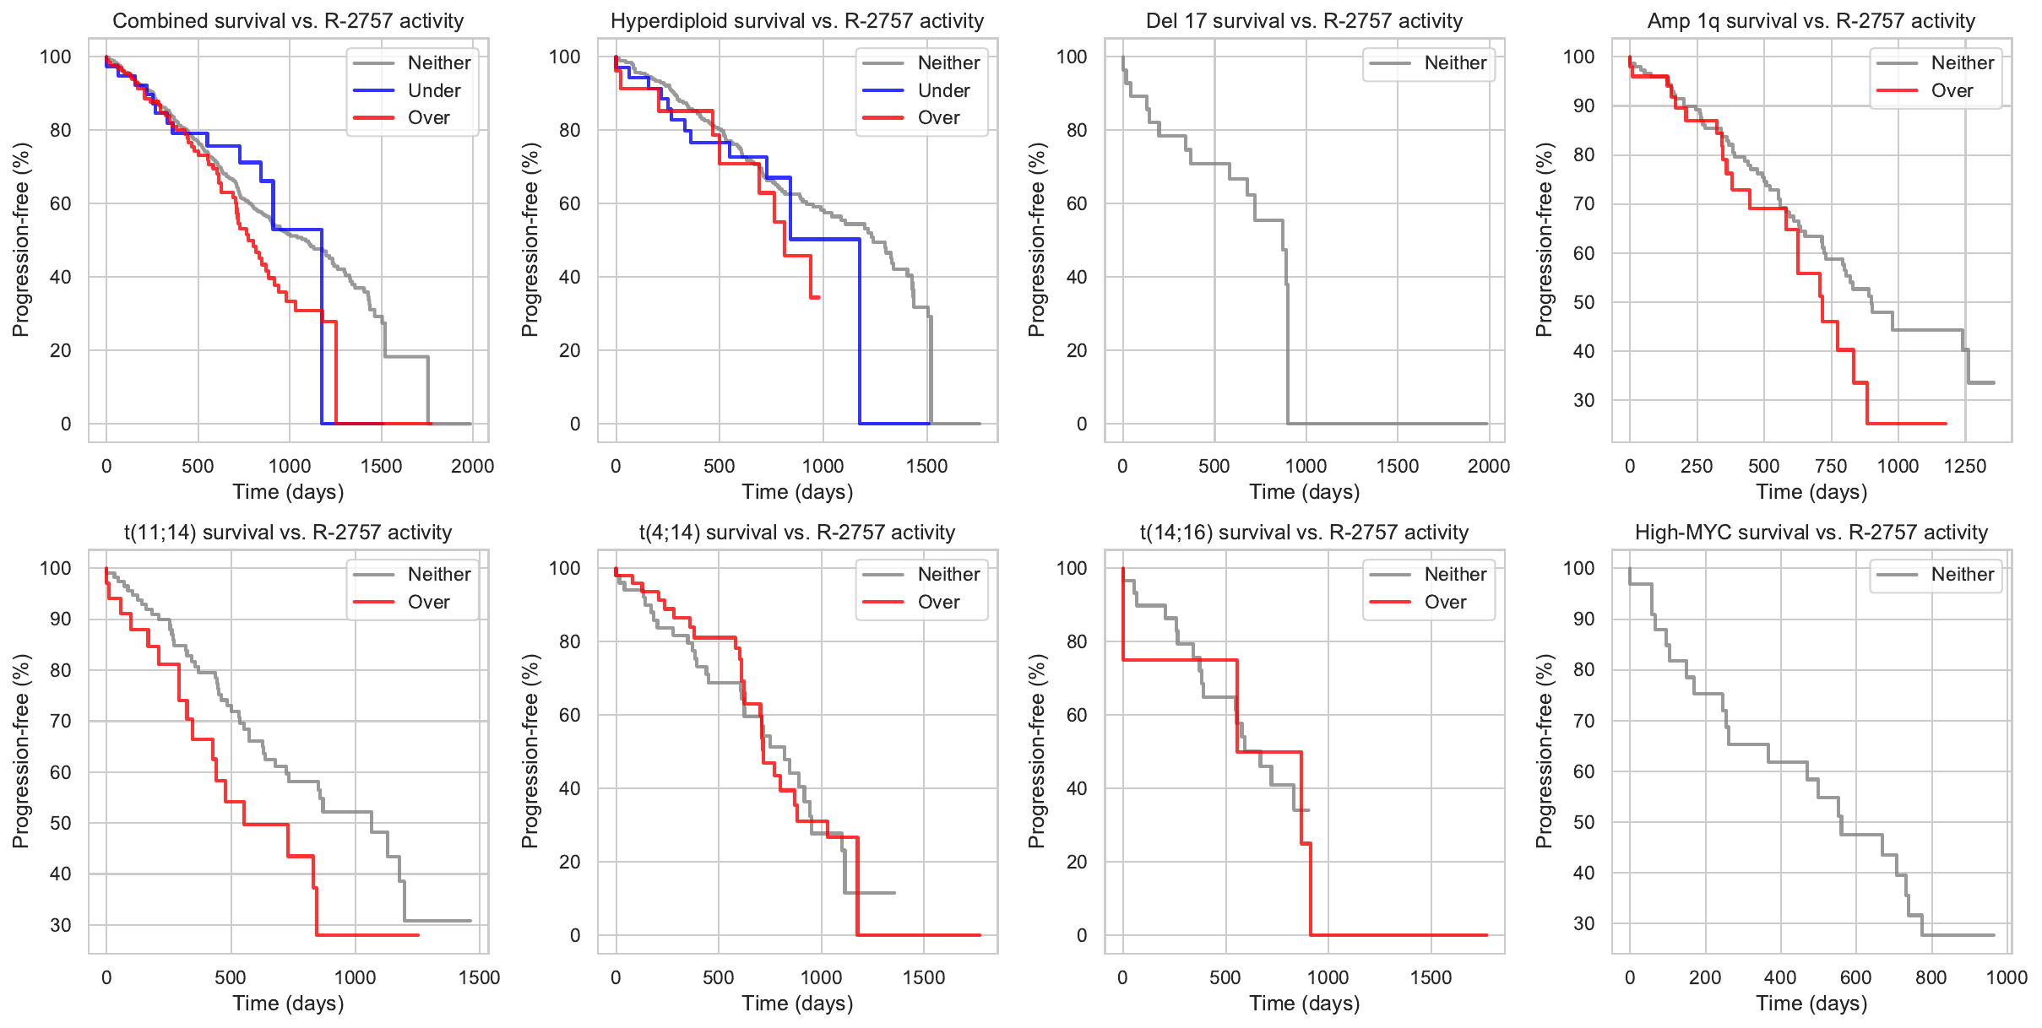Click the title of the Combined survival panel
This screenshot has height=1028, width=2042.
(x=288, y=21)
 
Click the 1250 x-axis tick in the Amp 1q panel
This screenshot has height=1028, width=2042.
(x=1965, y=466)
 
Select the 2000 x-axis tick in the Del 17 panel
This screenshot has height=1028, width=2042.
(x=1489, y=466)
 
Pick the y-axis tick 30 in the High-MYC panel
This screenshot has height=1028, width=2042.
(x=1583, y=923)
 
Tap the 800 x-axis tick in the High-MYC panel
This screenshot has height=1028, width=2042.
(x=1931, y=977)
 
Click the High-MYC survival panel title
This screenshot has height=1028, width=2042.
(x=1811, y=533)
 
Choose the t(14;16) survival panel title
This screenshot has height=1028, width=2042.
(x=1304, y=533)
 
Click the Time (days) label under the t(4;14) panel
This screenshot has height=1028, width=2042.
(x=797, y=1004)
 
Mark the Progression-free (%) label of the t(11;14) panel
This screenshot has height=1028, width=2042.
(x=20, y=751)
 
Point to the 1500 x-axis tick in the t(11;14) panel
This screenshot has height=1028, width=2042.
(x=479, y=977)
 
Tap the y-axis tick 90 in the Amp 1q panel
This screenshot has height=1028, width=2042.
(x=1583, y=106)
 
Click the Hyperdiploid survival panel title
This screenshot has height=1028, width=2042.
(x=797, y=21)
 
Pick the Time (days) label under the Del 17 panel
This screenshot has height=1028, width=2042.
(x=1304, y=492)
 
